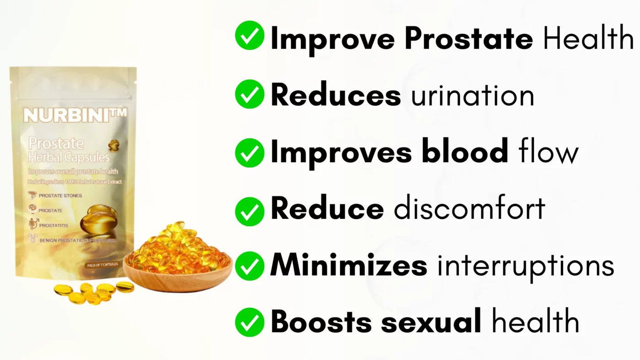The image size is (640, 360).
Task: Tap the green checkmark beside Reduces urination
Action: point(250,94)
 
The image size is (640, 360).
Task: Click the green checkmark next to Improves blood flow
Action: point(250,153)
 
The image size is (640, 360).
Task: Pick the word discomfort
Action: point(469,209)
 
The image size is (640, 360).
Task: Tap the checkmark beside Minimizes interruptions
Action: point(250,266)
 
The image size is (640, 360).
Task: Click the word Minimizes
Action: point(348,266)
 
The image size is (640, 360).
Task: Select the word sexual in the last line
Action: point(431,322)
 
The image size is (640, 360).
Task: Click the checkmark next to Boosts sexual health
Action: point(250,322)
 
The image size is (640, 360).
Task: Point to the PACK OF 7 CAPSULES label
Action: point(101,265)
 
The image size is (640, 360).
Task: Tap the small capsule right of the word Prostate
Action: point(114,145)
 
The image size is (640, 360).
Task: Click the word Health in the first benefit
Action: point(588,39)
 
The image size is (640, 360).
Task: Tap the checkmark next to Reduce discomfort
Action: point(250,211)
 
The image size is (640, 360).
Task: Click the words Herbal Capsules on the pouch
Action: point(69,158)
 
